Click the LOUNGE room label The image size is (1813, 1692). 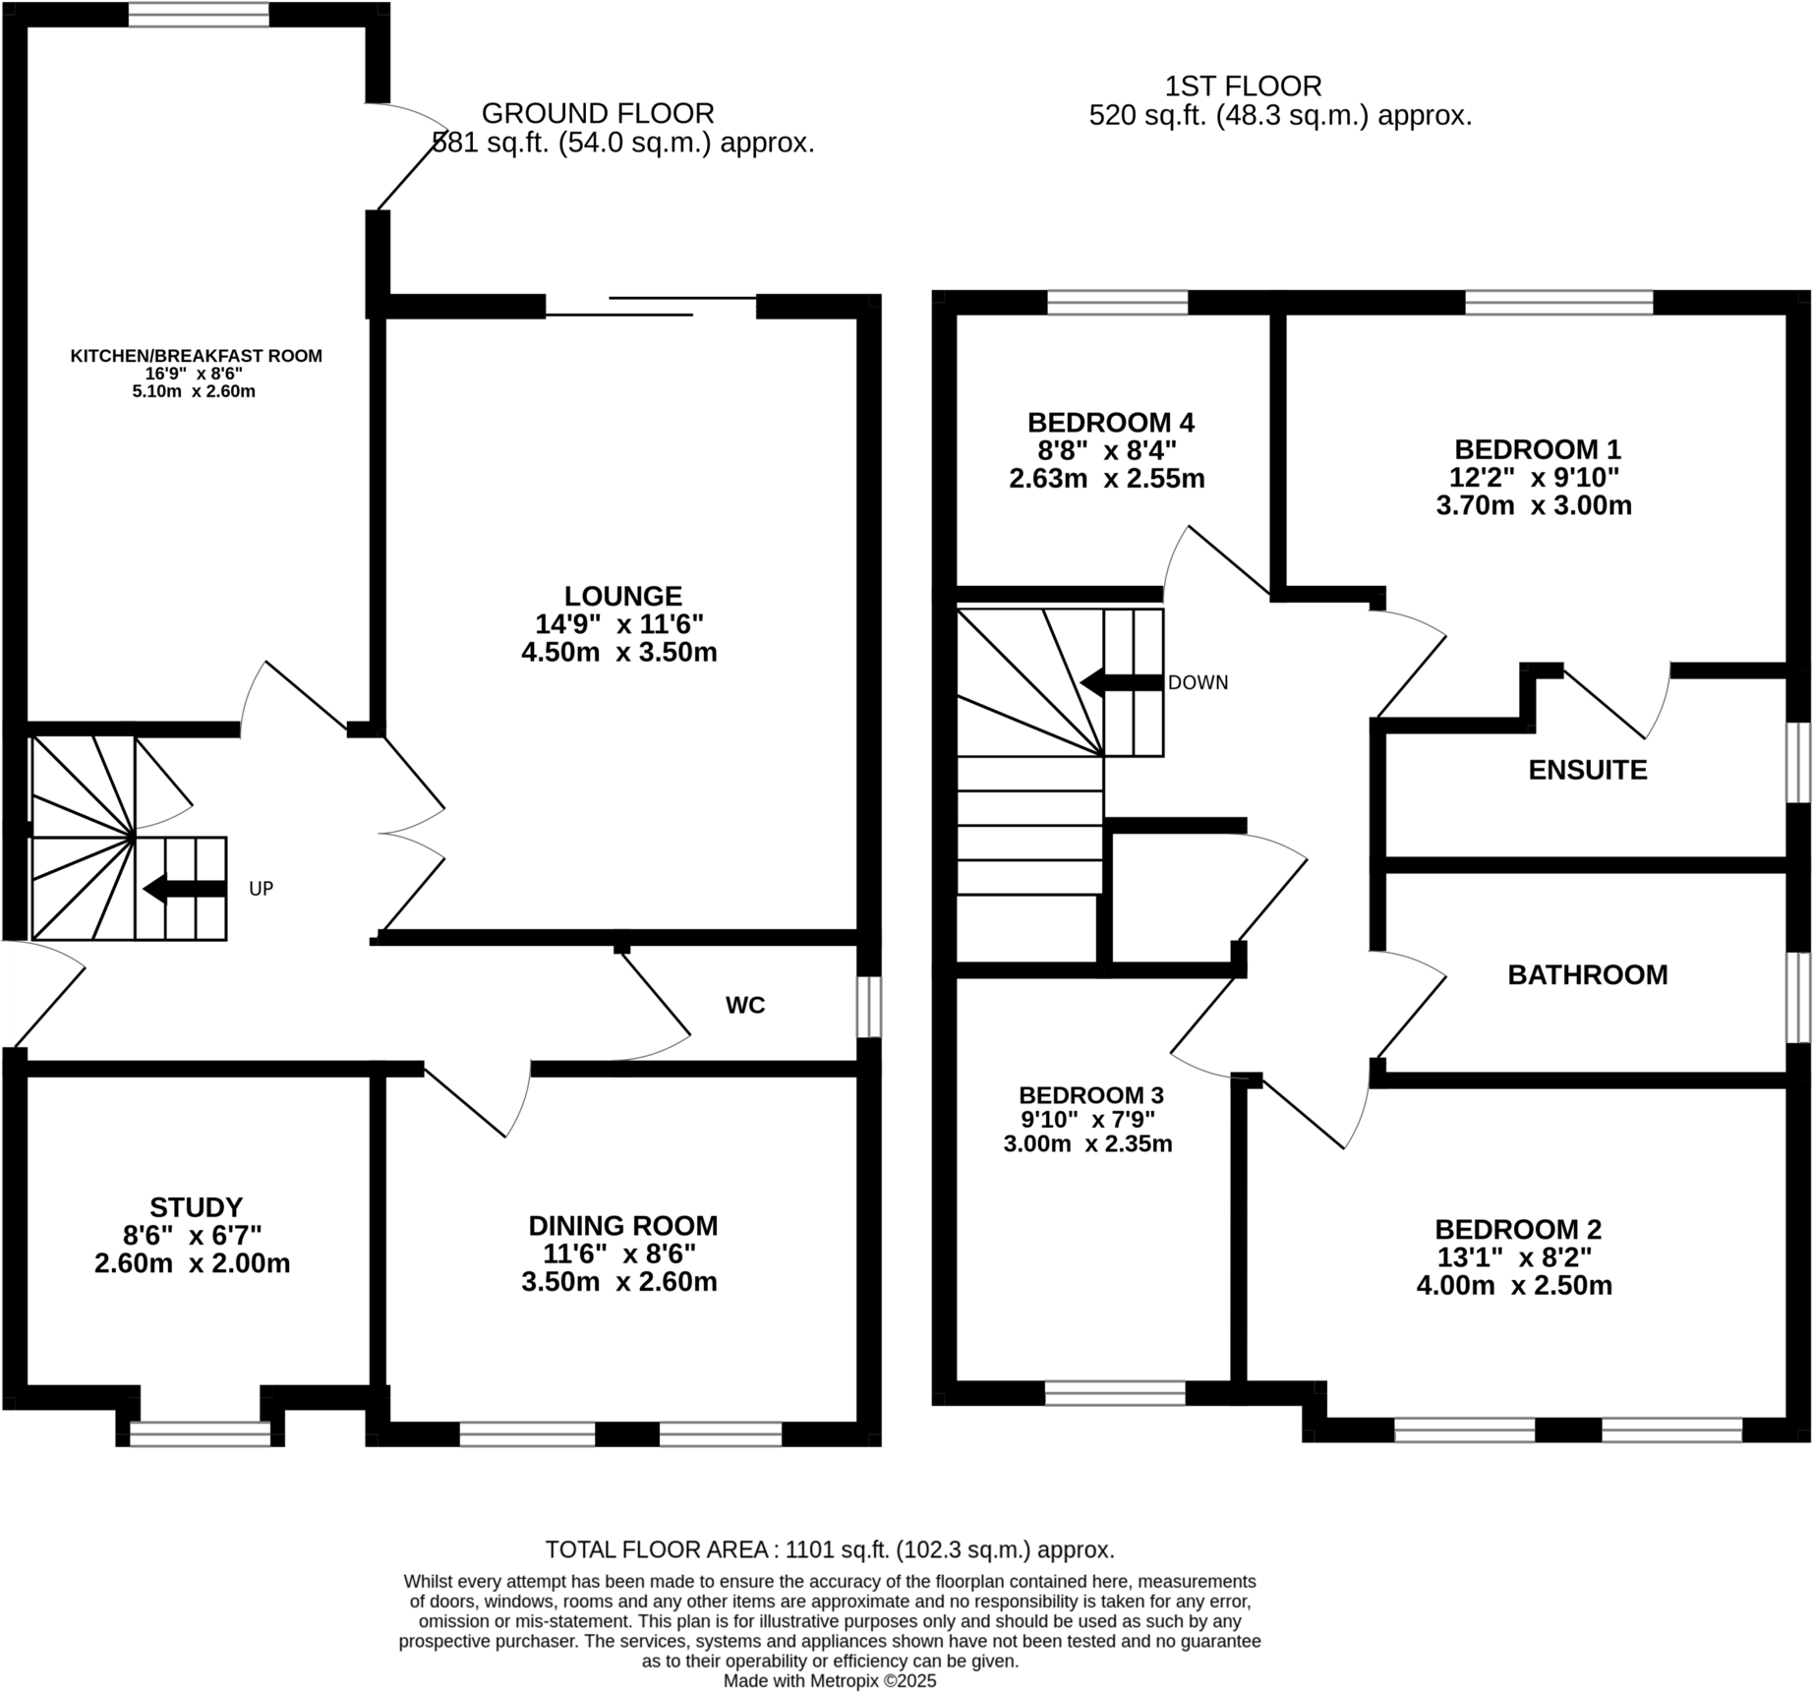[622, 596]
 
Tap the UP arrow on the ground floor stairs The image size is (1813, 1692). [185, 889]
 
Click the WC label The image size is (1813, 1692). [745, 1005]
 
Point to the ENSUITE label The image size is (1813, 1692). [1587, 770]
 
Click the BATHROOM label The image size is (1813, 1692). [1587, 974]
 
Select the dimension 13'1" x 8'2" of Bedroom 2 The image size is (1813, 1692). [1514, 1257]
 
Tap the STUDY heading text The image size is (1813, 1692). [196, 1207]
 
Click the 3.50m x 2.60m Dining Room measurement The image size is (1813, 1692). [619, 1282]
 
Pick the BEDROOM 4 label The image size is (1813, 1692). [1111, 423]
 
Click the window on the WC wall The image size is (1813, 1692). [868, 1006]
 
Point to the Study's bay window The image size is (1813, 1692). [200, 1434]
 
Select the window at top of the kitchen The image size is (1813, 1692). [199, 14]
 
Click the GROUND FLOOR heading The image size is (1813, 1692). [598, 113]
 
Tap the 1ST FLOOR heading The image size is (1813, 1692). [1243, 87]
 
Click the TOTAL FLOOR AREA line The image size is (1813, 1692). [830, 1550]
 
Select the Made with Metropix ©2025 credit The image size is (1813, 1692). [830, 1681]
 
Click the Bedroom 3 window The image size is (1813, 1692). [1115, 1393]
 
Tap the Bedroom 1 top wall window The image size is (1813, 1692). [1558, 302]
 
